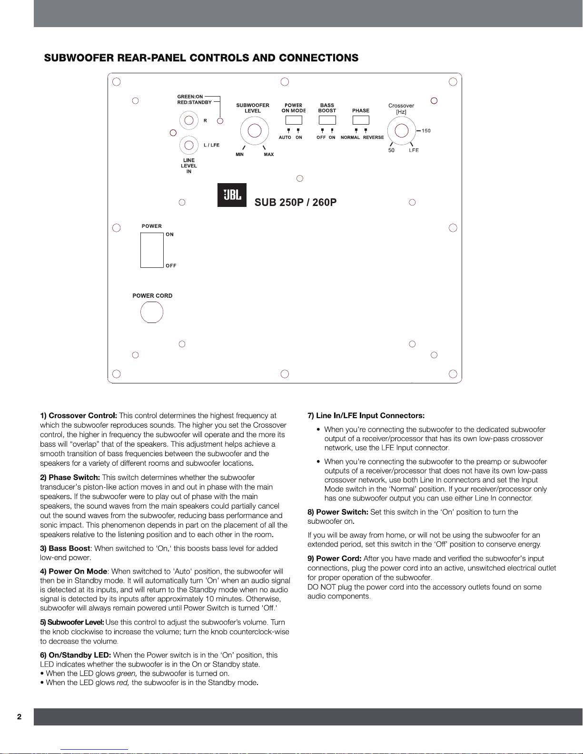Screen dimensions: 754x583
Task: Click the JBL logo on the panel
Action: click(232, 195)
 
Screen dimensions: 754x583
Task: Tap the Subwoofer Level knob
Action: click(255, 130)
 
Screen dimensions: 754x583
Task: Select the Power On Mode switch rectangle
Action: click(294, 120)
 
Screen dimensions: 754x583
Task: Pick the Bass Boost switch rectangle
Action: click(327, 120)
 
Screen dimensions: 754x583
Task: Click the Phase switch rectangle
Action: click(361, 120)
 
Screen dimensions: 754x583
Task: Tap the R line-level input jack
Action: click(189, 120)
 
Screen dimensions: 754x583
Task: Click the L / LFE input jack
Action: click(189, 145)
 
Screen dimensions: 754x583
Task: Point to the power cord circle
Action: click(152, 312)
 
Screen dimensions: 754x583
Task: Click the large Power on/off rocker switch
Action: click(152, 250)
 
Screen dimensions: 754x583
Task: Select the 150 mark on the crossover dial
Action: click(426, 131)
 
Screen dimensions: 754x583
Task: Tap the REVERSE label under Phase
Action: click(373, 137)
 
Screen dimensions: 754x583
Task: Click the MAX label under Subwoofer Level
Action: click(269, 155)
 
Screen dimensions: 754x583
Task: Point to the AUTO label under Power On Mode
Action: click(285, 137)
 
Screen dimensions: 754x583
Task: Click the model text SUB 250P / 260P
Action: click(296, 202)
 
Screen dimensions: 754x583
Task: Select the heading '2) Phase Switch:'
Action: click(70, 478)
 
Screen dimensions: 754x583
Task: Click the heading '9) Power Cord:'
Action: click(335, 558)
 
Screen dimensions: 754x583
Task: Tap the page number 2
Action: click(19, 717)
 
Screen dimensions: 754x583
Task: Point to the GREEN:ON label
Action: click(190, 97)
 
